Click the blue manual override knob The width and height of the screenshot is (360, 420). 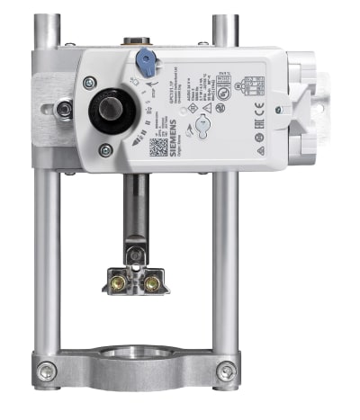(144, 61)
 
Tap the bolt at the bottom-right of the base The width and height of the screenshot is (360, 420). (228, 369)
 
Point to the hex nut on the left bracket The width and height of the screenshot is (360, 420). (63, 110)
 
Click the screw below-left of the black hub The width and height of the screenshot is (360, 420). (106, 151)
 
